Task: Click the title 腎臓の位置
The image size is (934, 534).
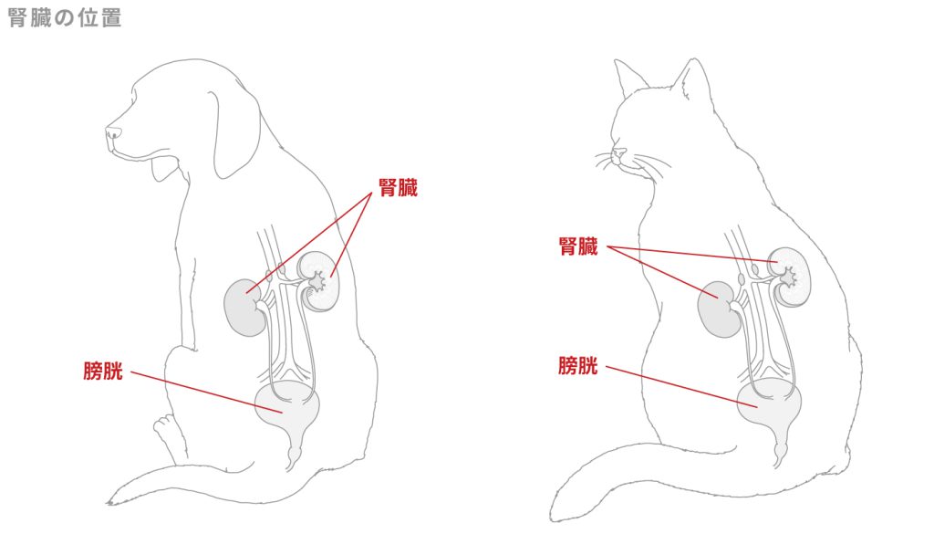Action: coord(64,17)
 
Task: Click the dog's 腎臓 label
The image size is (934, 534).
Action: coord(398,189)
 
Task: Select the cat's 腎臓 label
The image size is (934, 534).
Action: coord(578,246)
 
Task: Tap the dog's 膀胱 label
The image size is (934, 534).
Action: coord(102,371)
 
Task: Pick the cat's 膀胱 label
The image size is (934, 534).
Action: coord(578,366)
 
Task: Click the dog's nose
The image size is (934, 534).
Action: coord(112,134)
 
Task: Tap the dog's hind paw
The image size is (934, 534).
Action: coord(165,429)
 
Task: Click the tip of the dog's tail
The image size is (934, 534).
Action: coord(110,501)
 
